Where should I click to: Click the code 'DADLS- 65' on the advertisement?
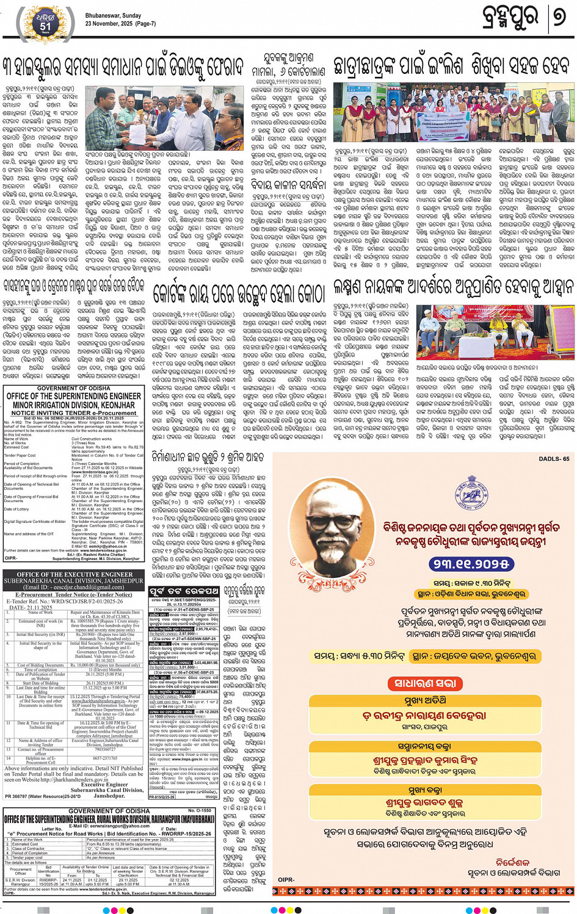(x=553, y=459)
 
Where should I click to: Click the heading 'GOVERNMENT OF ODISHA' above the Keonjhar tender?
(x=74, y=388)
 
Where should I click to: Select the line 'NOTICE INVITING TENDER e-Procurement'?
(x=74, y=413)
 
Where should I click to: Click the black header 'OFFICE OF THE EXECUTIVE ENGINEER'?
(x=74, y=574)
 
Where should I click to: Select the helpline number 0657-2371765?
(x=104, y=758)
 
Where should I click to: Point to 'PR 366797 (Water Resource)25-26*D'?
(x=43, y=796)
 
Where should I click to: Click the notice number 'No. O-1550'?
(x=199, y=811)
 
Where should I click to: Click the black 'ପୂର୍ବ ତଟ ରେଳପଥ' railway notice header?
(x=184, y=591)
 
